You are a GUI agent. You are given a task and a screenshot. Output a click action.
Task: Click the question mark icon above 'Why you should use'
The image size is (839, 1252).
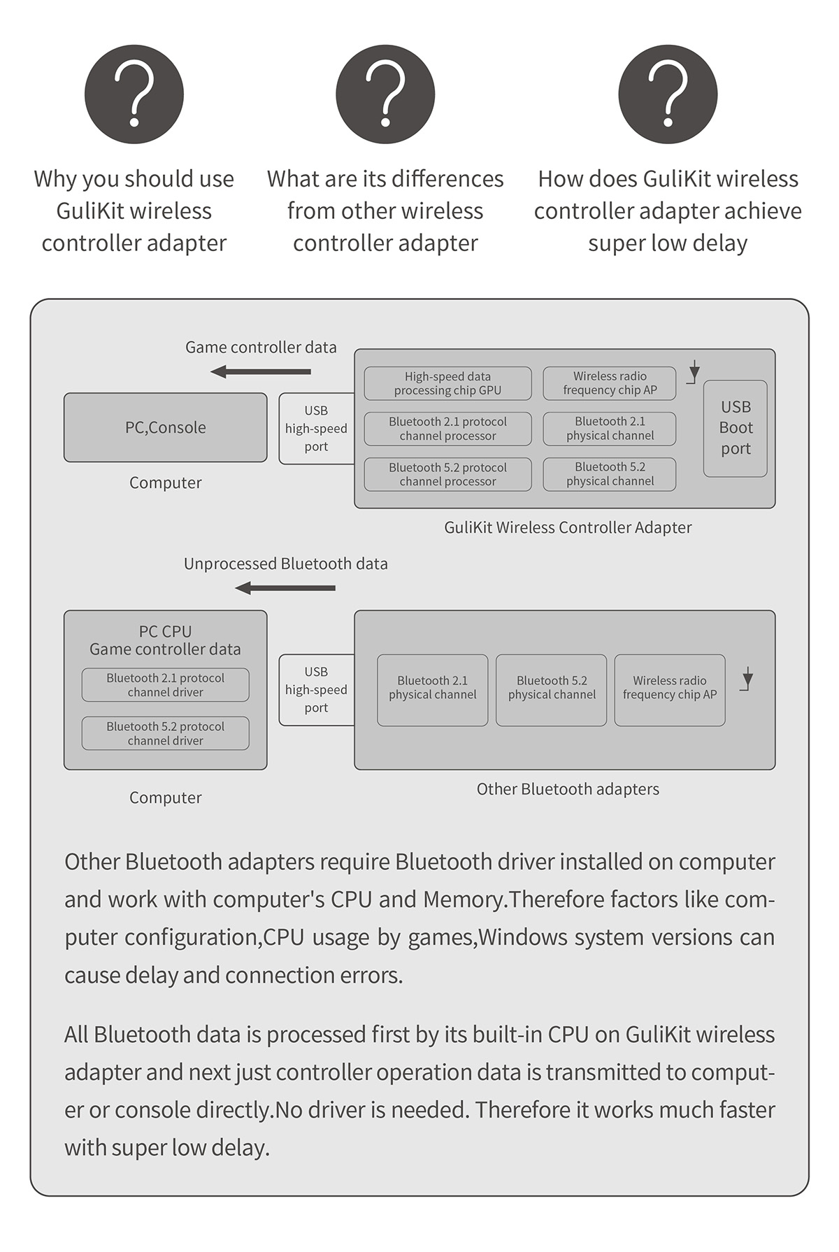(x=134, y=94)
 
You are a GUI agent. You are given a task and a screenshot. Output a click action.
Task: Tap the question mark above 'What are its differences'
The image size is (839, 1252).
(x=385, y=94)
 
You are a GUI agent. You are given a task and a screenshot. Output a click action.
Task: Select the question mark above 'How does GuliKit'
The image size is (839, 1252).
(x=668, y=94)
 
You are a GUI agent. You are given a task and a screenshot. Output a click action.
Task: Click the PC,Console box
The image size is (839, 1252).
(x=165, y=427)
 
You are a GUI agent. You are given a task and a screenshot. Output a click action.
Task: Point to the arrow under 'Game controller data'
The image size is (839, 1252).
(x=261, y=371)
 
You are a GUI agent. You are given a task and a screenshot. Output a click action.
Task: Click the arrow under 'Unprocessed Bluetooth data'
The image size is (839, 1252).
(x=285, y=588)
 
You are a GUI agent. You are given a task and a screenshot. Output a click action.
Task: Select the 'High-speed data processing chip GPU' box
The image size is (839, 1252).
(x=447, y=383)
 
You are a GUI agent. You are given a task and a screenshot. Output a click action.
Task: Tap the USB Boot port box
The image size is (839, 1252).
(x=736, y=428)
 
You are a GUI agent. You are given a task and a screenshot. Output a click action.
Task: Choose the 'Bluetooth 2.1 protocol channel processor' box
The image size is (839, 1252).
(x=447, y=429)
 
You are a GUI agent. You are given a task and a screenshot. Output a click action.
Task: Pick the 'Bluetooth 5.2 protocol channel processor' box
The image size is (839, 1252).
(x=447, y=474)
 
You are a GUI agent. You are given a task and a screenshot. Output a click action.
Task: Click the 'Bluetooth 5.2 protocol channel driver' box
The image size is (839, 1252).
(x=165, y=733)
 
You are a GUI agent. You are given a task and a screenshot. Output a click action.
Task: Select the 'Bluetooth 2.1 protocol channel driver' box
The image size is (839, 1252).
(x=165, y=685)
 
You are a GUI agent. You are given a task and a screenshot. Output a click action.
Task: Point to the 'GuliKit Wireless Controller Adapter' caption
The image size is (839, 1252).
(x=568, y=527)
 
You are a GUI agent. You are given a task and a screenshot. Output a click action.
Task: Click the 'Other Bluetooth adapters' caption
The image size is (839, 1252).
(x=568, y=789)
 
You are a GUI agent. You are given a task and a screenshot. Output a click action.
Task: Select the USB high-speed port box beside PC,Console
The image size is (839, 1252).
(x=316, y=428)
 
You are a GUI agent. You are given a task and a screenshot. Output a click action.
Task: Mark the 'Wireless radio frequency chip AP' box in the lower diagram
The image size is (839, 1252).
(x=670, y=690)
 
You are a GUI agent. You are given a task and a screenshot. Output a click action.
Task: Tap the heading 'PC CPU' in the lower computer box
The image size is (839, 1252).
(x=165, y=631)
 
